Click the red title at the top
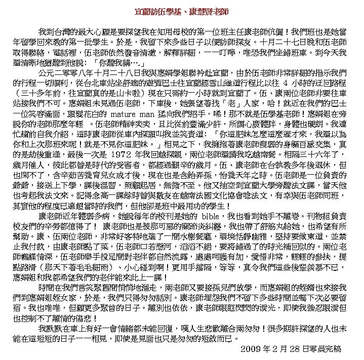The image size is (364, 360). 182,11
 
